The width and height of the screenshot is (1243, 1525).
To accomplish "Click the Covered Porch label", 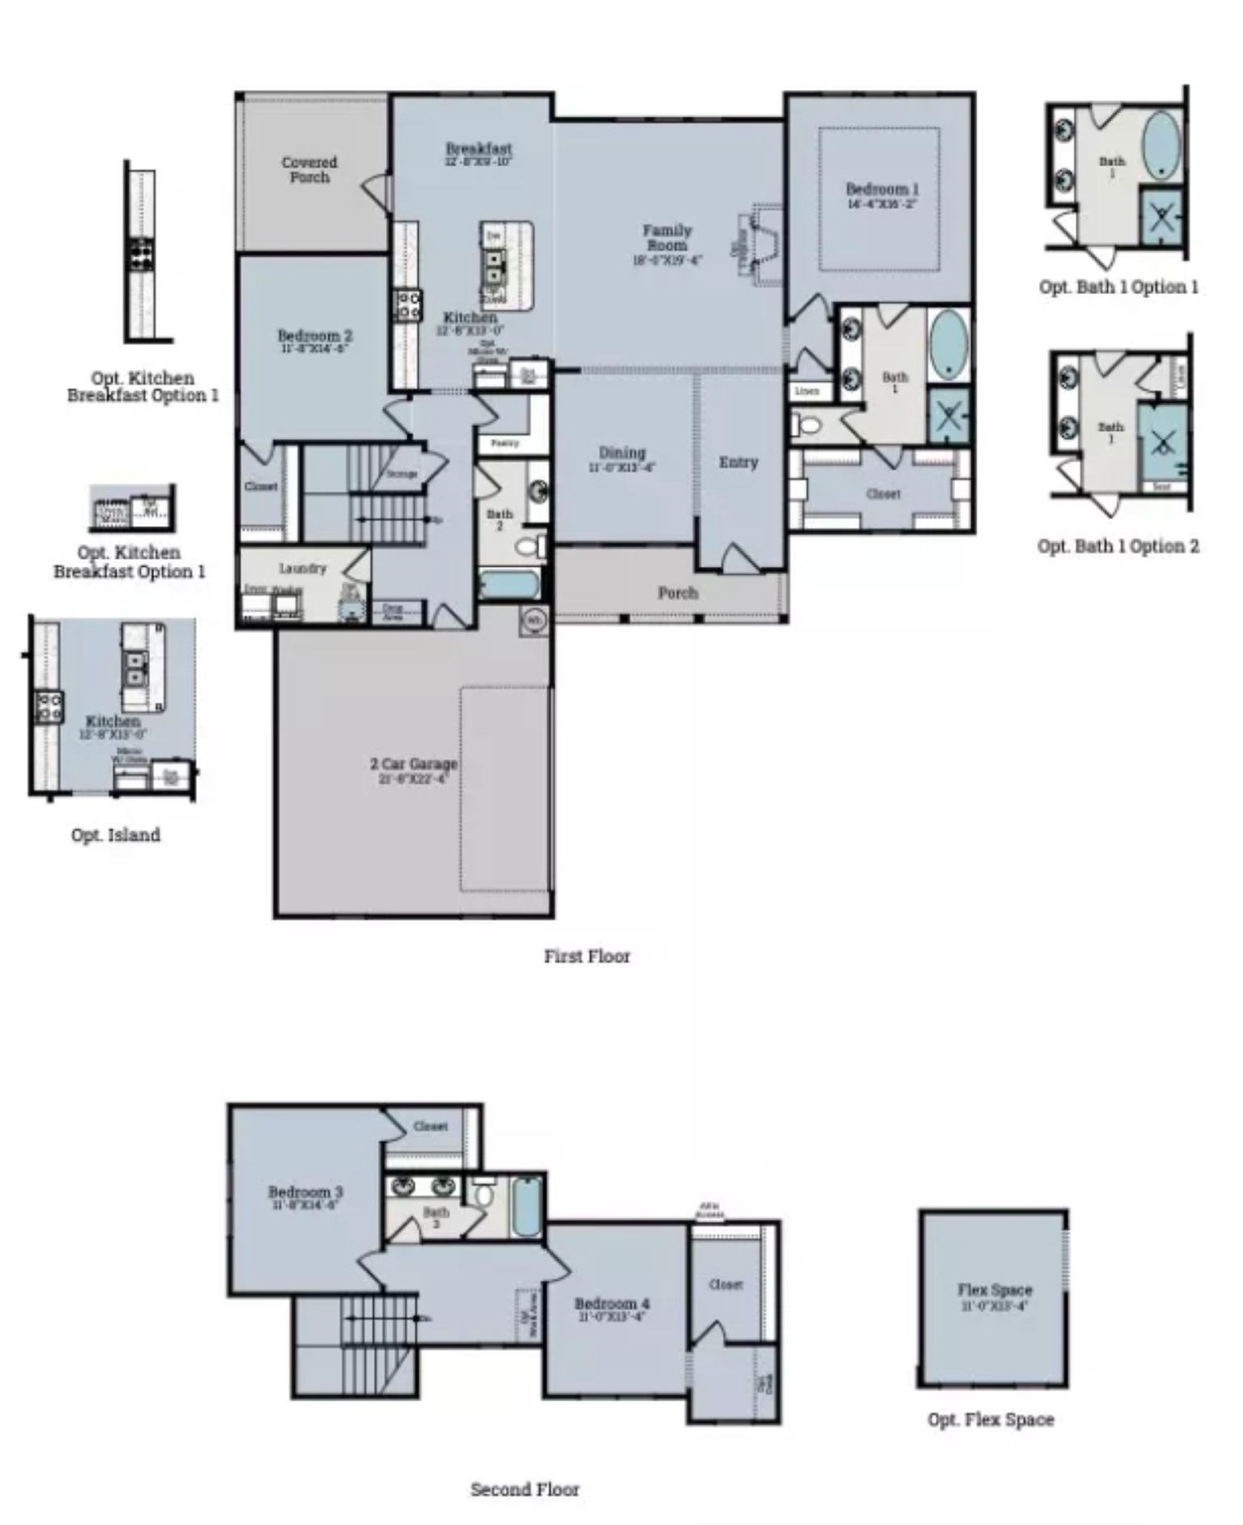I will tap(309, 169).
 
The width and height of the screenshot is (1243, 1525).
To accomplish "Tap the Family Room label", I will tap(666, 237).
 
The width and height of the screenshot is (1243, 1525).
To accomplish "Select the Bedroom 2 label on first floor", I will tap(315, 337).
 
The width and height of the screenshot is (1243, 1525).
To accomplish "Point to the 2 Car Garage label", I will tap(414, 763).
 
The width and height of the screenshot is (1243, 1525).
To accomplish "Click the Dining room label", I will tap(621, 453).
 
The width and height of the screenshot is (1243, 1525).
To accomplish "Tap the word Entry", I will tap(738, 462).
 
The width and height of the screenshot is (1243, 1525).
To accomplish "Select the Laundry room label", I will tap(302, 568).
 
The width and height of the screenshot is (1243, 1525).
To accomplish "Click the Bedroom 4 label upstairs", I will tap(612, 1304).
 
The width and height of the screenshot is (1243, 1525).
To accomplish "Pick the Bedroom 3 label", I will tap(306, 1191).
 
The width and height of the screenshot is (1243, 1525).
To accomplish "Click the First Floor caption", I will tap(587, 956).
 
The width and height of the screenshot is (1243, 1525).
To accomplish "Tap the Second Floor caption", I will tap(524, 1488).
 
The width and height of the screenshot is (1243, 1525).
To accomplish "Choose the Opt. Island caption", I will tap(115, 835).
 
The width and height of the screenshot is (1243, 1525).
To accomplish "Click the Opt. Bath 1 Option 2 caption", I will tap(1118, 546).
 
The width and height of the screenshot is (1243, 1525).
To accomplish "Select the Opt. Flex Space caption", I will tap(991, 1419).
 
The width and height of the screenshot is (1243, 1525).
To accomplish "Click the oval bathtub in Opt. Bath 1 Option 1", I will tap(1161, 145).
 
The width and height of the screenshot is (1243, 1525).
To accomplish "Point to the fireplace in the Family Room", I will tap(762, 246).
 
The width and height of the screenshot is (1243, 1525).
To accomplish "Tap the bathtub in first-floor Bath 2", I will tap(510, 584).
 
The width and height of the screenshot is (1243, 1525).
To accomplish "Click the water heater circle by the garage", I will tap(533, 621).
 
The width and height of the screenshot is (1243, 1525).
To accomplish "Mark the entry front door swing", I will tap(739, 558).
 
